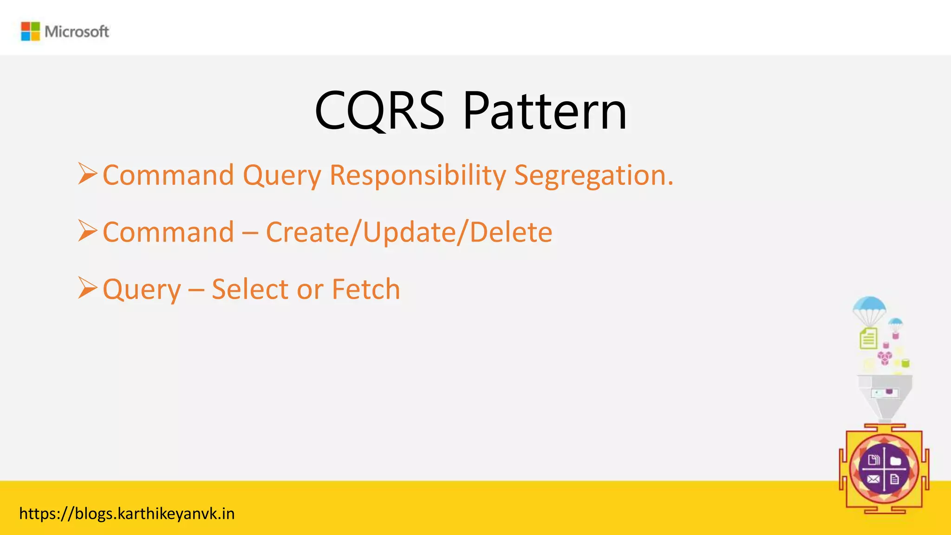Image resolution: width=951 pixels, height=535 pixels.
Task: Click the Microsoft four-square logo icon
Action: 31,31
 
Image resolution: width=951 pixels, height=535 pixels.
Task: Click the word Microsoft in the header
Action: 77,32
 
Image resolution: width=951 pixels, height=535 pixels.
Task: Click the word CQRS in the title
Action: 379,111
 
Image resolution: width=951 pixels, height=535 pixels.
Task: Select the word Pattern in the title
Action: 545,111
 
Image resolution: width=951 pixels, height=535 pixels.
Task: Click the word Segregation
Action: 593,176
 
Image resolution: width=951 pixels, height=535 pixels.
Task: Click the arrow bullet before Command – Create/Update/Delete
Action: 87,231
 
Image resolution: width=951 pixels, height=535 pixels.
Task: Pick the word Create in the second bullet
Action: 307,232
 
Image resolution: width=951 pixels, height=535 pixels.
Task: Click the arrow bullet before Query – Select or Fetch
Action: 87,287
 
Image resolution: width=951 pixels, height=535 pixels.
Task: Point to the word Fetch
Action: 366,289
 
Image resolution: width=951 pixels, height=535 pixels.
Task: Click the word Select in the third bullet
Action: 250,289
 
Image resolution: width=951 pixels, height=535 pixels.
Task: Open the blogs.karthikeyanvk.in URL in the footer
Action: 127,514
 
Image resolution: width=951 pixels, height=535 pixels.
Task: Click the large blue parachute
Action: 869,307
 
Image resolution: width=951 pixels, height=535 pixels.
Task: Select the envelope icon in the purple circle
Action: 873,479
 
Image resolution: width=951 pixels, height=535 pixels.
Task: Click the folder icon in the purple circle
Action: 896,461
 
